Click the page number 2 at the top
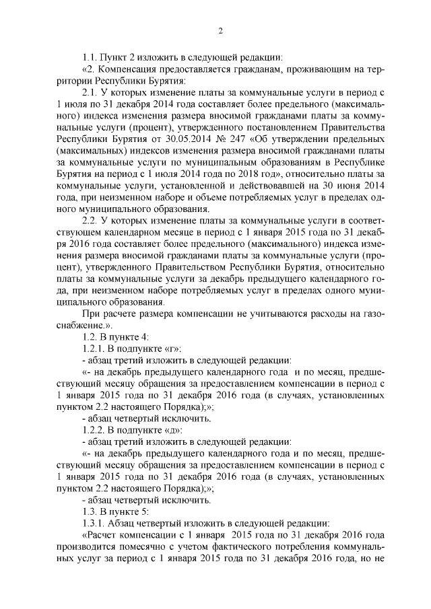(x=220, y=30)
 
